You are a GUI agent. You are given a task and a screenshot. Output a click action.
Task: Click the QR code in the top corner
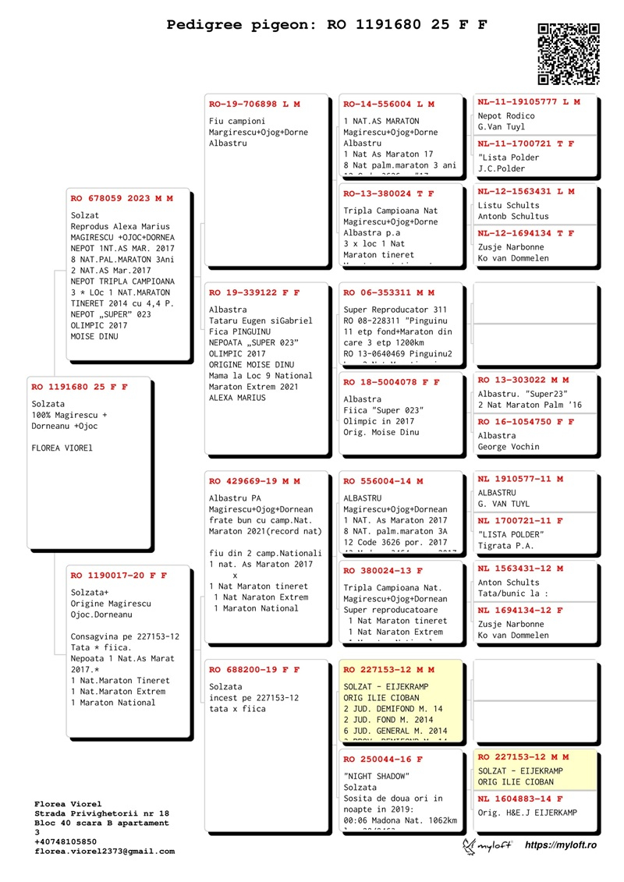coord(569,54)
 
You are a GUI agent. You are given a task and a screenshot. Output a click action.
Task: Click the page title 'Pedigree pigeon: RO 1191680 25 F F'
coord(327,24)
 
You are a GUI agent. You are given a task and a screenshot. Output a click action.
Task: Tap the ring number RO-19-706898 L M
coord(254,104)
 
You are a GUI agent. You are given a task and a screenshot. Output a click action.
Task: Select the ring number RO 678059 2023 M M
coord(122,198)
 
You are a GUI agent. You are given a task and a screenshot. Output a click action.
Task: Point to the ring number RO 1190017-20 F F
coord(119,575)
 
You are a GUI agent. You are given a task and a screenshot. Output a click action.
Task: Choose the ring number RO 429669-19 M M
coord(254,481)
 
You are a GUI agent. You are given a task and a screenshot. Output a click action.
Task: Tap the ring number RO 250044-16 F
coord(383,759)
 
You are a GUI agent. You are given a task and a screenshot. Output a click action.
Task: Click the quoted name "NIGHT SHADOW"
coord(377,776)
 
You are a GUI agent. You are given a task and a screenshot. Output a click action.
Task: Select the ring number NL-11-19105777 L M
coord(529,101)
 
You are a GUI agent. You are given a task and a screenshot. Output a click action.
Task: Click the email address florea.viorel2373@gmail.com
coord(105,852)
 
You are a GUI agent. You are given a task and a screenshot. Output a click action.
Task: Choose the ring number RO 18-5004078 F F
coord(392,382)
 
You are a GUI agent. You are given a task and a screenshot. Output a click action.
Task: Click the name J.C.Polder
coord(502,168)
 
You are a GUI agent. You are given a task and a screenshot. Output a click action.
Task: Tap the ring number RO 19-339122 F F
coord(254,292)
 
